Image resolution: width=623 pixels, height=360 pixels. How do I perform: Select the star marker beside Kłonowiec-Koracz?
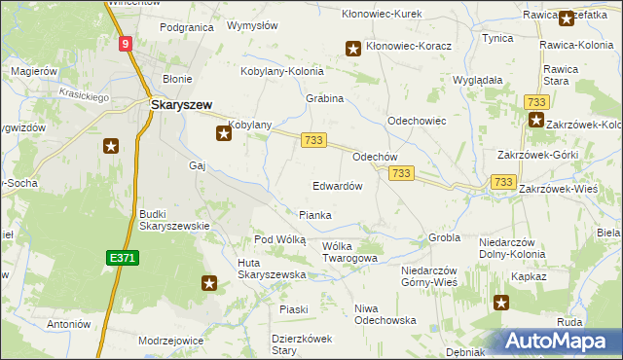353,47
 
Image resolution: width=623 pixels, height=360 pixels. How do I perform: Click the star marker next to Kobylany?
223,133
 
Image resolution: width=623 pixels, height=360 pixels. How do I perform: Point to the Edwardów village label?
338,186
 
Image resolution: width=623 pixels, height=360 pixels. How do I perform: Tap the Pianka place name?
314,215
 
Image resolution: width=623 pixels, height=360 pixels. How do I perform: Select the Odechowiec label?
417,121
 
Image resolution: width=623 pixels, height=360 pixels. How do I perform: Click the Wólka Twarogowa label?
348,252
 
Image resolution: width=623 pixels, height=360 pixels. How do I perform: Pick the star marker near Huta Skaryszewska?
208,283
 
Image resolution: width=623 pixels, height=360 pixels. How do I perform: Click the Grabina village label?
326,99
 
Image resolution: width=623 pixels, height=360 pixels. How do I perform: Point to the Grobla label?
444,237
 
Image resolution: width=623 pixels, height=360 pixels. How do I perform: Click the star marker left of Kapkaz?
501,303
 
